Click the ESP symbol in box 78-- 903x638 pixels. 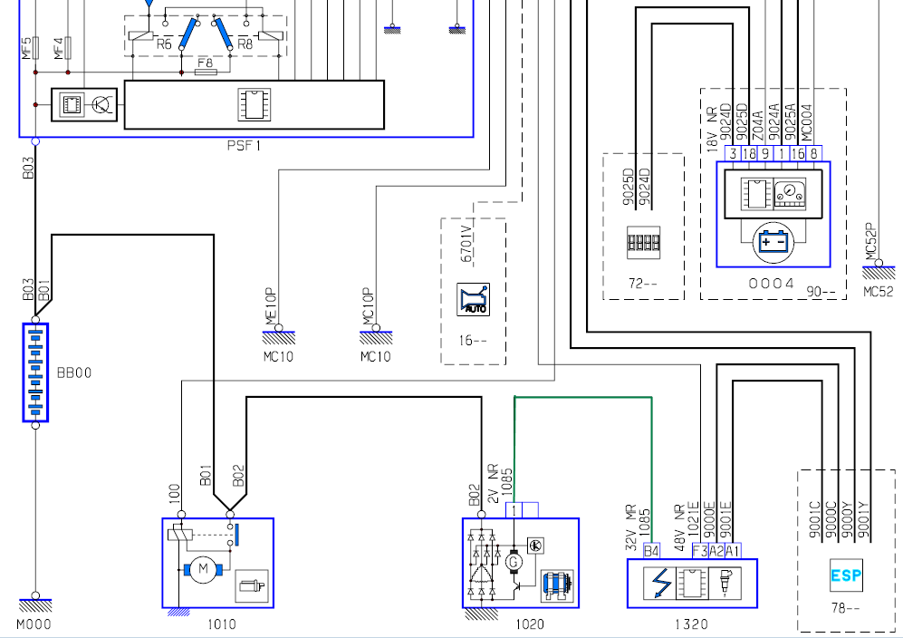[x=846, y=575]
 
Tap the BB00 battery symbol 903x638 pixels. [x=35, y=372]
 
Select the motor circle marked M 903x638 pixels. [x=203, y=569]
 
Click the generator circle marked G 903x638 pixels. [x=514, y=561]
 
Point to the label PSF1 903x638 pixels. [x=245, y=146]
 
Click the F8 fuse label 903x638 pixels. [x=205, y=63]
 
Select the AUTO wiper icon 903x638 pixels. [x=473, y=299]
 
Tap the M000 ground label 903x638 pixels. [x=34, y=624]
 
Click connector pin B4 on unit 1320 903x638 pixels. [x=651, y=551]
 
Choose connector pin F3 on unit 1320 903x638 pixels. [x=700, y=551]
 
